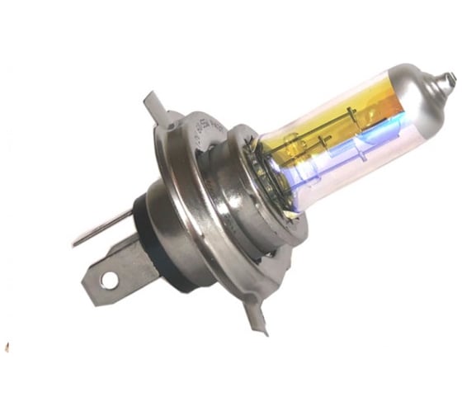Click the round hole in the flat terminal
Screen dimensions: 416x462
coord(109,281)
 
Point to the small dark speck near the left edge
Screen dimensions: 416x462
coord(7,344)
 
